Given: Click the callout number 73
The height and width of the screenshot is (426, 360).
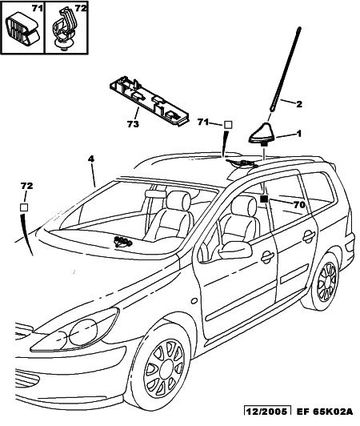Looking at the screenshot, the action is click(133, 124).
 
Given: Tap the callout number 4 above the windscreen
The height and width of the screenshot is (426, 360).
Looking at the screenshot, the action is click(91, 159).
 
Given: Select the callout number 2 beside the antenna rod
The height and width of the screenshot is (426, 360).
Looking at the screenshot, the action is click(299, 104).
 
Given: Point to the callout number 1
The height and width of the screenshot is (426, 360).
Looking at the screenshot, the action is click(299, 134).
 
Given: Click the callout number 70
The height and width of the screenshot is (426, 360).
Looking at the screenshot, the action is click(299, 204).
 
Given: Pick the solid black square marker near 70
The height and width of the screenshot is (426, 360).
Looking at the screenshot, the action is click(264, 199).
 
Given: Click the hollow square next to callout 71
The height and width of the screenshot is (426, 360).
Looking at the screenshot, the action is click(228, 125).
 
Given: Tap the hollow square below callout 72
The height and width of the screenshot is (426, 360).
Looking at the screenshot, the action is click(24, 207).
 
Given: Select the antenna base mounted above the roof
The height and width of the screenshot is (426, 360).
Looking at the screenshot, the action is click(262, 135).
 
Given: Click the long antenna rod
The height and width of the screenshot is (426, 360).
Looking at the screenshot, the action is click(285, 69).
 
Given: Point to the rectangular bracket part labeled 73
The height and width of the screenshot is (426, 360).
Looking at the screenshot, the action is click(150, 101).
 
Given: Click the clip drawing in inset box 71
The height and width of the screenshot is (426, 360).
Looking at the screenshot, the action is click(24, 30).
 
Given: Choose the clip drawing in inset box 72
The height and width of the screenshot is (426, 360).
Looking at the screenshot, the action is click(64, 29).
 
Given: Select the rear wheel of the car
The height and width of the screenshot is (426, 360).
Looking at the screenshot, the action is click(325, 282).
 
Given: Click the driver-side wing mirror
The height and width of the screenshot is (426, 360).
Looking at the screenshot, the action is click(235, 250).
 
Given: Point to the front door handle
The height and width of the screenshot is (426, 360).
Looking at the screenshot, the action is click(268, 257).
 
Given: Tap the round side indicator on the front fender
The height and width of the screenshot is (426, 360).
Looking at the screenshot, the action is click(194, 301).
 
